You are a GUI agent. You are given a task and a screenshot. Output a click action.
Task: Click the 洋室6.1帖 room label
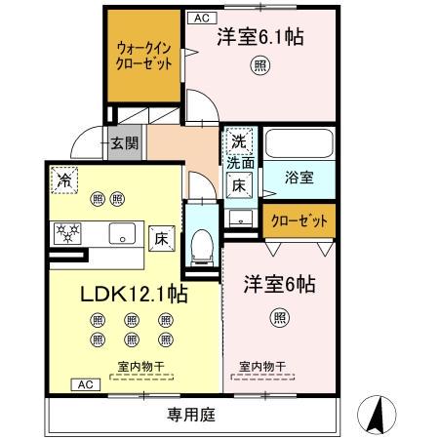pyautogui.click(x=258, y=38)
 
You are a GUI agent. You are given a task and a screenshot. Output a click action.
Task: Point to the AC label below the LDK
pyautogui.click(x=83, y=383)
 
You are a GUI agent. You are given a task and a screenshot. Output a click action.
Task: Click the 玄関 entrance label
pyautogui.click(x=124, y=141)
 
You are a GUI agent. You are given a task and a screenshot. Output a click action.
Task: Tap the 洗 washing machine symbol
pyautogui.click(x=237, y=141)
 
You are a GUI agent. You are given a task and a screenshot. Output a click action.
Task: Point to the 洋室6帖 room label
pyautogui.click(x=279, y=284)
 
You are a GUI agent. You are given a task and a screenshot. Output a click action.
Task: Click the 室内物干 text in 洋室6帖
pyautogui.click(x=263, y=367)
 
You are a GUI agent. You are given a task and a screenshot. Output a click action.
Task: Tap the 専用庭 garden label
pyautogui.click(x=187, y=414)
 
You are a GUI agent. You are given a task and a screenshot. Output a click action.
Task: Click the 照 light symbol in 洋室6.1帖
pyautogui.click(x=261, y=65)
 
